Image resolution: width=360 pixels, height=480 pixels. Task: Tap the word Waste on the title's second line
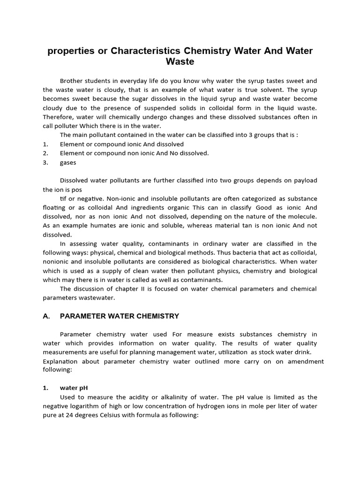click(x=180, y=62)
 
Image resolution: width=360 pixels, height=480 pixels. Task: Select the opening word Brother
click(x=74, y=81)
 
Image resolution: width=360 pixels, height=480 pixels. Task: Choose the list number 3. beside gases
click(x=45, y=162)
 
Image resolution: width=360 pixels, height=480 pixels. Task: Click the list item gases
click(x=67, y=162)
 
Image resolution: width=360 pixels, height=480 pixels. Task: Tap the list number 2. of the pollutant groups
click(x=45, y=153)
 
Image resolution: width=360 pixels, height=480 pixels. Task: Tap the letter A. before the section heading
click(x=46, y=316)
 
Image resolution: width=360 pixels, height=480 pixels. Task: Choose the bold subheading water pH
click(x=74, y=388)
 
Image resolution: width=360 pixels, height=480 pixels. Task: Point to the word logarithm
click(x=86, y=406)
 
